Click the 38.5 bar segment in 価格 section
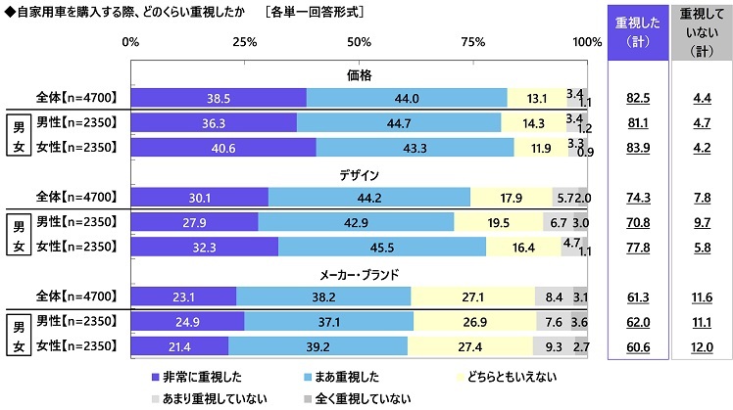tap(218, 98)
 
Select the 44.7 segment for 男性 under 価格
tap(398, 122)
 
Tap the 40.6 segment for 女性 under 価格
tap(222, 147)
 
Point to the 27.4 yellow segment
tap(469, 345)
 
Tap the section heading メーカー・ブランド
tap(359, 274)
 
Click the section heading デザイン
tap(359, 175)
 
